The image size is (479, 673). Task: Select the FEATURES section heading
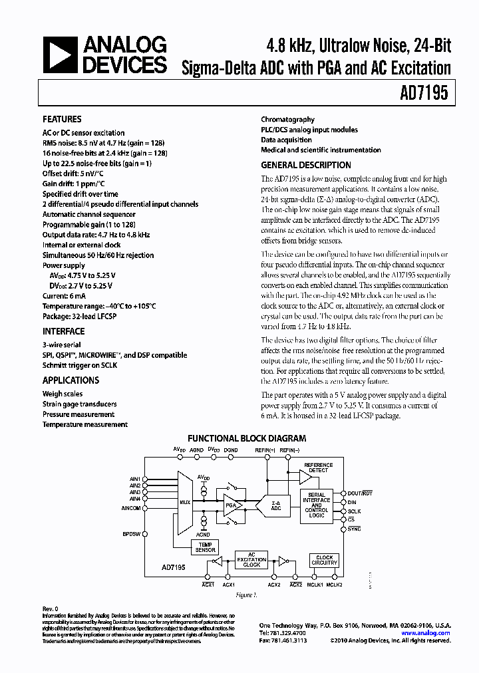coord(62,120)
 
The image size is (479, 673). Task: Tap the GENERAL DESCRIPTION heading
coord(305,166)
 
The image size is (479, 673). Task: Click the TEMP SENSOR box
coord(204,547)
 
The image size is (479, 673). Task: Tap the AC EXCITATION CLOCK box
coord(251,561)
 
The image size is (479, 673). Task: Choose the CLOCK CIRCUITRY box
coord(324,561)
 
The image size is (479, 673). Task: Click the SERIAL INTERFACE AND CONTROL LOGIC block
coord(317,506)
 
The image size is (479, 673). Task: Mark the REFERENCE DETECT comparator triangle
coord(305,476)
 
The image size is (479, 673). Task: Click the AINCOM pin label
coord(130,508)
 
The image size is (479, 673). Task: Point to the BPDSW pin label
coord(132,533)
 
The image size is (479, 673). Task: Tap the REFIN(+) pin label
coord(267,450)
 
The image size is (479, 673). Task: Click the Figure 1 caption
coord(247,596)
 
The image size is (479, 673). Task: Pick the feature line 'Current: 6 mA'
coord(65,296)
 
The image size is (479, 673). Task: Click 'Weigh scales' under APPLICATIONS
coord(62,394)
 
